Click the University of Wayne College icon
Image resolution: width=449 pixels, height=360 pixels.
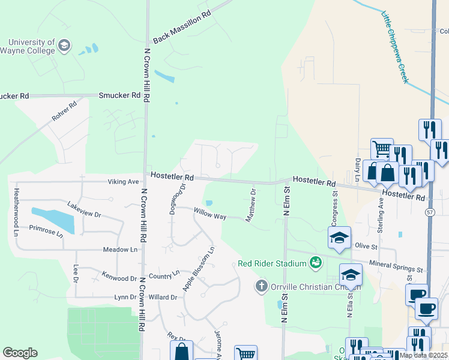coord(64,45)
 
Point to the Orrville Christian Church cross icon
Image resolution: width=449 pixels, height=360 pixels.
coord(261,286)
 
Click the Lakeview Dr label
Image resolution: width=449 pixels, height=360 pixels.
coord(85,209)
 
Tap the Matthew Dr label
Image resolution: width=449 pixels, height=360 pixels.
coord(252,205)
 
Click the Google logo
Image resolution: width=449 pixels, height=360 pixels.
coord(20,353)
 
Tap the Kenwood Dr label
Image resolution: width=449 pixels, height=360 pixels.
coord(119,278)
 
